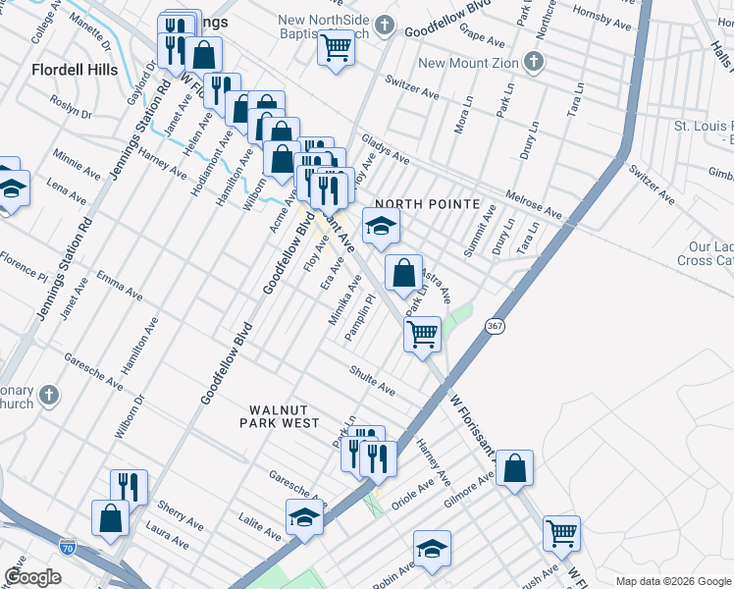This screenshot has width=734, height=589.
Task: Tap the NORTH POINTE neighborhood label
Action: coord(428,204)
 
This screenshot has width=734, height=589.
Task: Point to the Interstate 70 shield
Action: coord(67,544)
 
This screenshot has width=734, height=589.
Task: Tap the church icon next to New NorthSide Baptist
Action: coord(387,25)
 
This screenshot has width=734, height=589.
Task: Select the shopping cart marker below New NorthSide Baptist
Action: coord(336,46)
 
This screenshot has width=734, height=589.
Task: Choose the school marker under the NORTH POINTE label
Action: coord(381,227)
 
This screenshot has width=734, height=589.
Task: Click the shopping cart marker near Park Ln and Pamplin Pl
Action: coord(422,334)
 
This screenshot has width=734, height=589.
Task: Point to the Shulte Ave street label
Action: coord(373,381)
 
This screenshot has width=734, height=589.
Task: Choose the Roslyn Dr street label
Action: coord(73,112)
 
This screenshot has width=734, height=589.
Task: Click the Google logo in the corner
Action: coord(33,577)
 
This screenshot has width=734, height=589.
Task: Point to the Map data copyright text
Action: coord(672,581)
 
